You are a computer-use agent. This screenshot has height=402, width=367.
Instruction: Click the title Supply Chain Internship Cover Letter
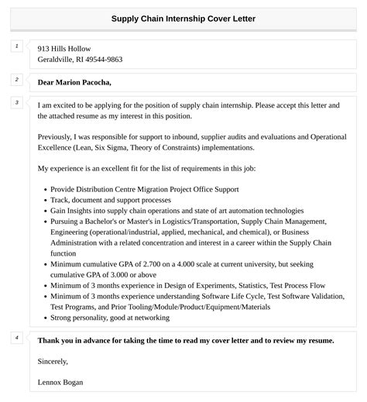[183, 18]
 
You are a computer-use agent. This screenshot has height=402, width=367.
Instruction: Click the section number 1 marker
[16, 47]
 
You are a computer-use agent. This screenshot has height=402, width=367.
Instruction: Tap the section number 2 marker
[16, 79]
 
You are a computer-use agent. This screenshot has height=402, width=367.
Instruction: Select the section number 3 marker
[16, 102]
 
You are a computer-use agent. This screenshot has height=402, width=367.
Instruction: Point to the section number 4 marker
[16, 337]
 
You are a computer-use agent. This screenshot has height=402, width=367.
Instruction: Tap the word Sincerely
[53, 360]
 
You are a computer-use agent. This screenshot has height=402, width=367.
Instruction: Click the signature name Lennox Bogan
[60, 382]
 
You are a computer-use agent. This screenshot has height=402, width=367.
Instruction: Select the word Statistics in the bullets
[232, 285]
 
